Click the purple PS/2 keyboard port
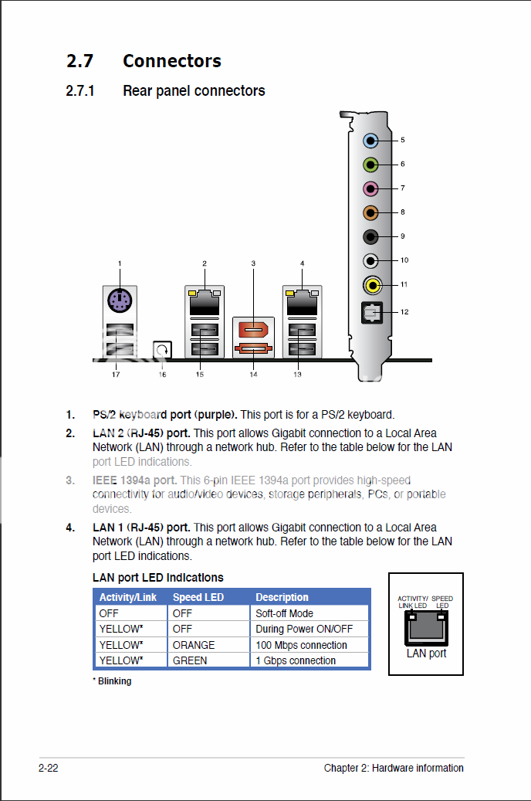tap(119, 300)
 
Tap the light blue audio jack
tap(371, 141)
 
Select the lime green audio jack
tap(371, 165)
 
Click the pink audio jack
tap(371, 188)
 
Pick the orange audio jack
tap(371, 212)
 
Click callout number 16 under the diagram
tap(162, 375)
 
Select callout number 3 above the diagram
tap(253, 263)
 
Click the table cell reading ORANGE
tap(194, 645)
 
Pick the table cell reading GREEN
tap(190, 660)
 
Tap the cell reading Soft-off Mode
tap(284, 613)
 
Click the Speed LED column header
tap(198, 597)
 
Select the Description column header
tap(282, 597)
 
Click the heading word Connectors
tap(171, 61)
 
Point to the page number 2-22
tap(48, 768)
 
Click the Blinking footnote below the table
tap(112, 681)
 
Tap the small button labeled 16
tap(162, 350)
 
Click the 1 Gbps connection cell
tap(296, 660)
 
